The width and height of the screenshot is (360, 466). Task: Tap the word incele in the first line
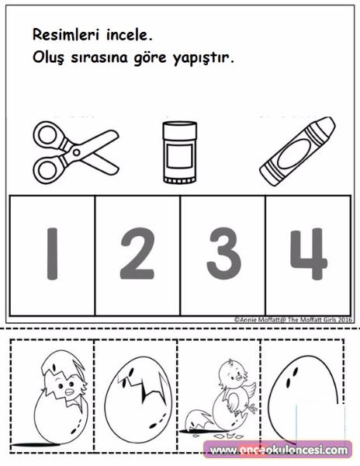(x=130, y=35)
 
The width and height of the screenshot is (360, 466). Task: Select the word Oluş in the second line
(x=48, y=57)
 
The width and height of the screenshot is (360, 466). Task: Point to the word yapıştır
(x=203, y=59)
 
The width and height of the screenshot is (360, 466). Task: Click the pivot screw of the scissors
(x=77, y=152)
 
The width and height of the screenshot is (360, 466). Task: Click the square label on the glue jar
(x=179, y=156)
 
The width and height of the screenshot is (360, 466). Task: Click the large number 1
(x=52, y=254)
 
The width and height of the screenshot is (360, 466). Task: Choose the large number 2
(x=137, y=253)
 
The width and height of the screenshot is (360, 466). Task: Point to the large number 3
(x=223, y=253)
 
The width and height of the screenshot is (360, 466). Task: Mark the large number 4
(x=309, y=254)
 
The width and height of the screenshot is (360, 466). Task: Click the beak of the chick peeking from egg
(x=69, y=392)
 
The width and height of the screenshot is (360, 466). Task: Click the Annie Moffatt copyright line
(x=293, y=320)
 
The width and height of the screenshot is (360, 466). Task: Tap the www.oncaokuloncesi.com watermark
(x=279, y=450)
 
